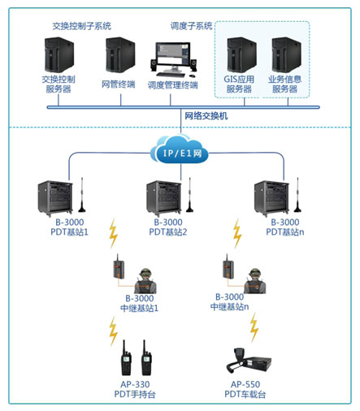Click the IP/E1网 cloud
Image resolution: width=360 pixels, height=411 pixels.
(180, 150)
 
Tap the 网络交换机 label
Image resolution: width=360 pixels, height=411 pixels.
(206, 116)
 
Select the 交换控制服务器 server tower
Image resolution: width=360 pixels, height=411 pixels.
(59, 55)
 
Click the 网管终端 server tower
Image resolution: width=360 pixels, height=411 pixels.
(120, 54)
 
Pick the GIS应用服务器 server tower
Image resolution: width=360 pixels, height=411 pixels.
(241, 55)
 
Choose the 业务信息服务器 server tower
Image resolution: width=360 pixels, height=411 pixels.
(287, 55)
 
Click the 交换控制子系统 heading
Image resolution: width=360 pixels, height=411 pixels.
(81, 26)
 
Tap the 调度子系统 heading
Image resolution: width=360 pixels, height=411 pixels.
(191, 26)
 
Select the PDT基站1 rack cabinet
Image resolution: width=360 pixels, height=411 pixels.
(55, 198)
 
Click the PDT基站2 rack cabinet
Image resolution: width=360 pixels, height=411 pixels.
(164, 198)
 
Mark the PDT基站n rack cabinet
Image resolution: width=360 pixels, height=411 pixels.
(271, 198)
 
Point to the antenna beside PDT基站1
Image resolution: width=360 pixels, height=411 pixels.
(82, 195)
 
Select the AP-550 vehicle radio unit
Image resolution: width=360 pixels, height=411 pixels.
(249, 360)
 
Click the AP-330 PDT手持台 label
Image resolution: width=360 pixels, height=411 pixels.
(135, 389)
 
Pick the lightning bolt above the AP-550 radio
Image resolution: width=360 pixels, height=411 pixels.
(254, 327)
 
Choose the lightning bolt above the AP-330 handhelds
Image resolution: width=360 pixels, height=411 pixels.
(113, 331)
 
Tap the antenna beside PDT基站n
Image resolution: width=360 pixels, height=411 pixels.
(298, 195)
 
